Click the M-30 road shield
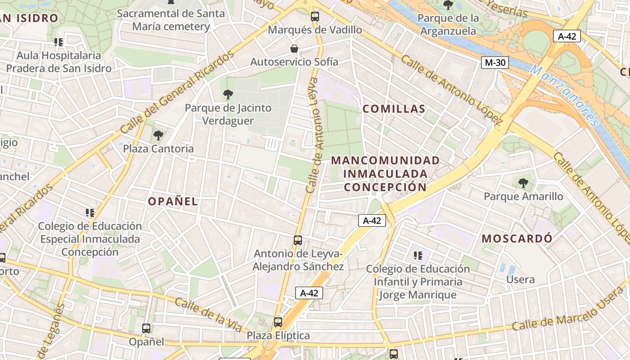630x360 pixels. [495, 63]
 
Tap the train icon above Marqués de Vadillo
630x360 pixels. [315, 17]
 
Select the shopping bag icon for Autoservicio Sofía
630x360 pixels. [294, 48]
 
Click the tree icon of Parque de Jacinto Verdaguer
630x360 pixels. [228, 94]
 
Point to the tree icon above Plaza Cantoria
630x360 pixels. [158, 135]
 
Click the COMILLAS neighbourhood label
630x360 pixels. [394, 109]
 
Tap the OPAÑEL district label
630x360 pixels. [173, 201]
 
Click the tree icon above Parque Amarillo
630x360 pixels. [523, 183]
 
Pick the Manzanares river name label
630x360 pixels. [565, 95]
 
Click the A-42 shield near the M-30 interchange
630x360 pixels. [567, 36]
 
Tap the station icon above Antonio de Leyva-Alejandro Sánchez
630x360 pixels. [297, 240]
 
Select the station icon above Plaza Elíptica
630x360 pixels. [278, 322]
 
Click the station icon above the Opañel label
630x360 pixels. [146, 328]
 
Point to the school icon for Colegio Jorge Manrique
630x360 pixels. [418, 256]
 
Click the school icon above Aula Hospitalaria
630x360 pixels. [58, 42]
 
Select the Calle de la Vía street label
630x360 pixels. [208, 315]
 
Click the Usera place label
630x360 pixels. [520, 279]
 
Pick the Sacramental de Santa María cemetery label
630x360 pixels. [171, 20]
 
